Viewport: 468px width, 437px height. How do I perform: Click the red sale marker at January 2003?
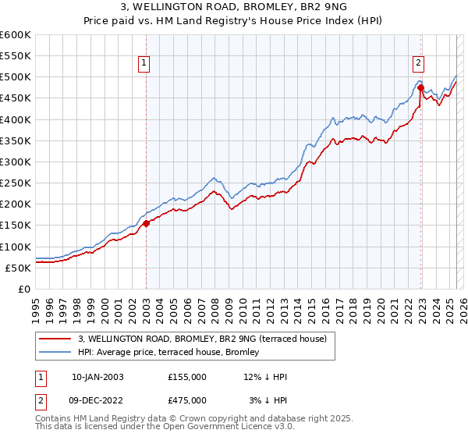point(146,223)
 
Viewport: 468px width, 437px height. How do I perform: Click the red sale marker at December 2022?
point(420,87)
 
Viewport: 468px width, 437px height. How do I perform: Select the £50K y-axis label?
point(18,268)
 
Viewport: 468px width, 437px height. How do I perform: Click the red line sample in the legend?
point(56,338)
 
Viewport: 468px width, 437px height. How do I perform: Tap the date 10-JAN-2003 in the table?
point(97,377)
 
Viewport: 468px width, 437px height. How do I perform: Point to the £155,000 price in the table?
point(186,377)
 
